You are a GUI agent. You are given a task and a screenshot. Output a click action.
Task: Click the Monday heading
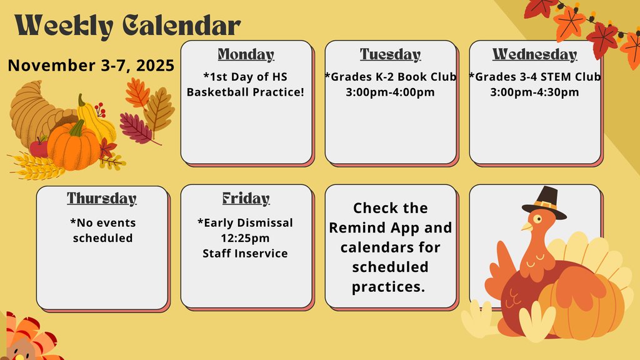[246, 55]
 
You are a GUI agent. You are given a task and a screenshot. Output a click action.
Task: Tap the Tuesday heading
[390, 55]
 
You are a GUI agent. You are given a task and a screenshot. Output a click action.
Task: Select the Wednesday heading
[534, 55]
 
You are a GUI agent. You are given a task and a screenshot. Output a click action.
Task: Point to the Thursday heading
[102, 199]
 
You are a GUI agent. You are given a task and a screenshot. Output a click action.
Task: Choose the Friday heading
[246, 199]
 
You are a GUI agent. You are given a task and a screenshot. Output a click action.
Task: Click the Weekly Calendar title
[127, 26]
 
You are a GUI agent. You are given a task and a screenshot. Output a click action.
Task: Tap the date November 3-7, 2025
[91, 66]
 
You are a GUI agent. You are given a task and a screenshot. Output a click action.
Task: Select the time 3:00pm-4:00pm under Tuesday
[390, 92]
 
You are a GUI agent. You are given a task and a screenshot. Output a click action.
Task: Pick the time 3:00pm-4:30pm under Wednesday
[534, 92]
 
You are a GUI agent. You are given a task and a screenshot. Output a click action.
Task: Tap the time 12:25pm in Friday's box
[245, 238]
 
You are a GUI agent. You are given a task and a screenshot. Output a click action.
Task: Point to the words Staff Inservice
[245, 253]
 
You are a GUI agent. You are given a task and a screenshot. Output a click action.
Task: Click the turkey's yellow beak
[526, 227]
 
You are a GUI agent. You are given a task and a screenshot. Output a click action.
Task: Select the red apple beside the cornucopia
[39, 147]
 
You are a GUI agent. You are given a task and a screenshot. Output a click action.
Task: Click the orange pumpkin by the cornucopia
[73, 147]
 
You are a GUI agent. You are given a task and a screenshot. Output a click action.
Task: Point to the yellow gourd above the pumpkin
[94, 119]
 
